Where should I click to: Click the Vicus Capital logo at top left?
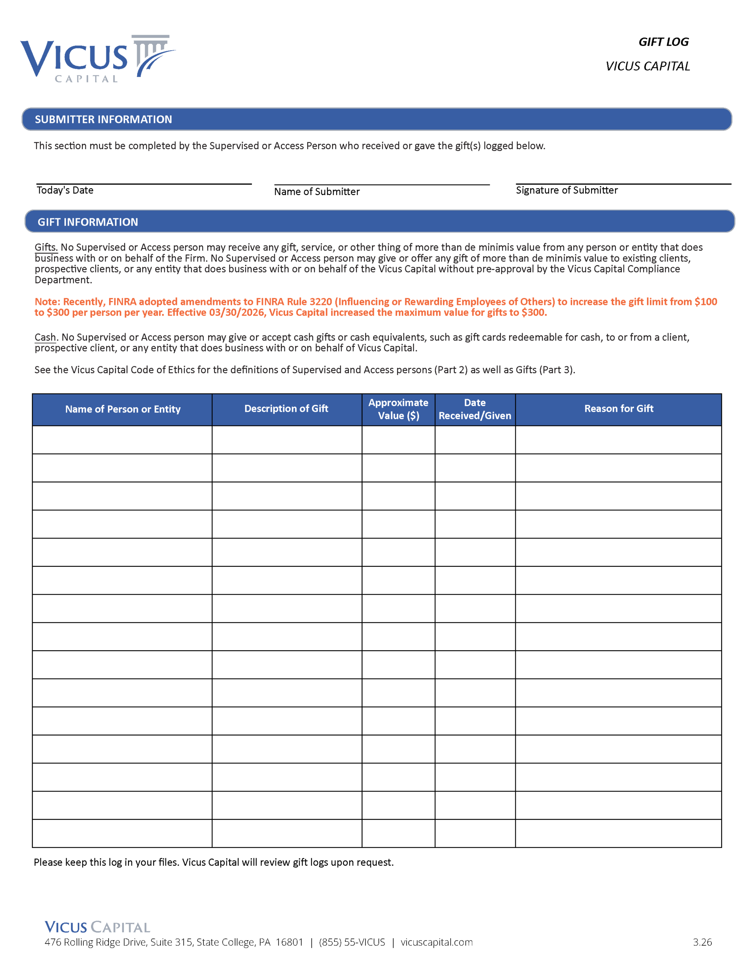tap(98, 59)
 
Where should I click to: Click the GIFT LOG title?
tap(663, 42)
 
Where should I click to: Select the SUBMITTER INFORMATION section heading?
tap(103, 119)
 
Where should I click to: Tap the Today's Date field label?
tap(65, 190)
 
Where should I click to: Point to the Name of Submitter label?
tap(317, 192)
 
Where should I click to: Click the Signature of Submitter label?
tap(567, 190)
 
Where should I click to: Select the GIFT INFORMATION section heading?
tap(88, 222)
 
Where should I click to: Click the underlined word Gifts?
tap(46, 247)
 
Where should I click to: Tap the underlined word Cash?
tap(45, 337)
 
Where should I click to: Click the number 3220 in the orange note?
tap(321, 302)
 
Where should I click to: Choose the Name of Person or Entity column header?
tap(122, 410)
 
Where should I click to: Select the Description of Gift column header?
tap(286, 409)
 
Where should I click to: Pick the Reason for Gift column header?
tap(619, 409)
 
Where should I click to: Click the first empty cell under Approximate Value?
tap(398, 440)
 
